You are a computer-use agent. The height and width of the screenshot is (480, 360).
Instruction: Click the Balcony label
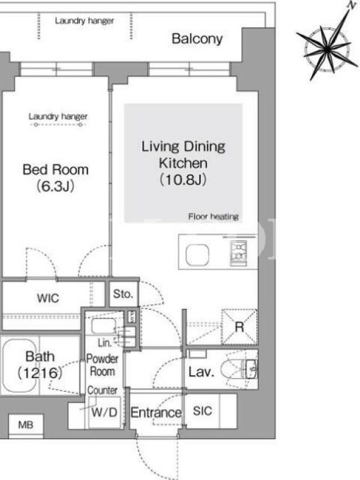point(197,39)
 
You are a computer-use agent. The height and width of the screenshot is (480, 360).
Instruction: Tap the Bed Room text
point(56,170)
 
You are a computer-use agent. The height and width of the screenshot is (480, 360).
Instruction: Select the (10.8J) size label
point(183,179)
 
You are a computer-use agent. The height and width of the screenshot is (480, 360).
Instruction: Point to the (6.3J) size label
point(55,186)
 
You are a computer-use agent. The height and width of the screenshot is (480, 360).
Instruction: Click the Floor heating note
point(214,217)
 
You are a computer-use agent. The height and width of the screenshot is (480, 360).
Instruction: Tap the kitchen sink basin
point(197,254)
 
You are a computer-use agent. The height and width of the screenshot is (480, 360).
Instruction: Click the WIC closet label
point(48,298)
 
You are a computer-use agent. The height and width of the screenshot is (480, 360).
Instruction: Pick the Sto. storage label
point(123,294)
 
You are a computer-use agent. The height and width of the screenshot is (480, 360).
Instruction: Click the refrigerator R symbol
point(239,327)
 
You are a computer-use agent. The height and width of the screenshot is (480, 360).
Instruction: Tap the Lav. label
point(201,371)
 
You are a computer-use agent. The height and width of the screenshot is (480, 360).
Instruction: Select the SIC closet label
point(202,411)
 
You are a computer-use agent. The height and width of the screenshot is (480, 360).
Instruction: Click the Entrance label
point(156,413)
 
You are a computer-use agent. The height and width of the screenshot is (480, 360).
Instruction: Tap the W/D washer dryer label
point(104,412)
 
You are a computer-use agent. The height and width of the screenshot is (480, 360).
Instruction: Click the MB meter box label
point(26,425)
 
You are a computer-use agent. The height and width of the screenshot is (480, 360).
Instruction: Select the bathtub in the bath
point(19,365)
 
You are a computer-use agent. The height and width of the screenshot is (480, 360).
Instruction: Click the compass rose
point(328,49)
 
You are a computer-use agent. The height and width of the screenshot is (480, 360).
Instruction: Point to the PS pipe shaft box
point(131,317)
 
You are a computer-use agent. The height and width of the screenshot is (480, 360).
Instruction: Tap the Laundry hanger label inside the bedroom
point(58,116)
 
